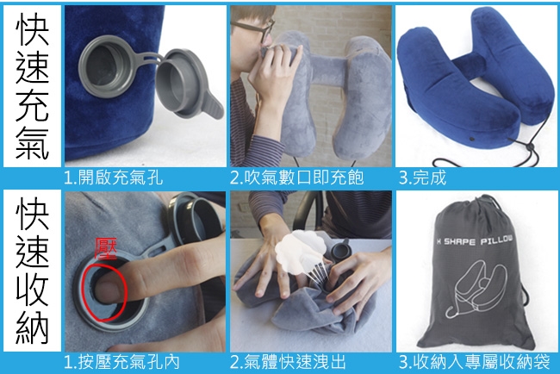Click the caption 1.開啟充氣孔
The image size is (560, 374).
113,178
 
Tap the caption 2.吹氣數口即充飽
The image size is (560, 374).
296,178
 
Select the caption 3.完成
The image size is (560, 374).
422,178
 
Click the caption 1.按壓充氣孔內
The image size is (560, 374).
121,362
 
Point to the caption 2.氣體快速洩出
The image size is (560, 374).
289,362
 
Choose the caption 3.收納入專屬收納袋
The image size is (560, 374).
475,362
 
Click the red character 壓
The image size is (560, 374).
106,249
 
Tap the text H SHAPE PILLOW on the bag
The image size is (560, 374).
475,240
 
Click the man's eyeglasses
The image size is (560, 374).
253,28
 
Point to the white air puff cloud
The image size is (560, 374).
300,252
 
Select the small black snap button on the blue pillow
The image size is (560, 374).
473,137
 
